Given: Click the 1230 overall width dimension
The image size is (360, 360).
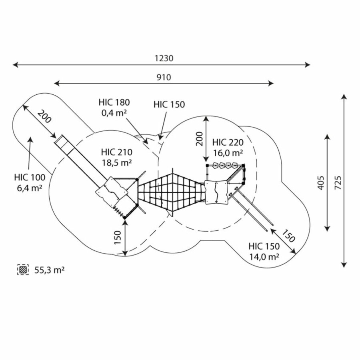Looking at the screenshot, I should click(x=164, y=58).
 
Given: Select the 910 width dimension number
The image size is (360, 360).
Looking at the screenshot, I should click(x=164, y=77).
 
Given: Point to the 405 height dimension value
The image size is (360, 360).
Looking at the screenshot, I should click(x=320, y=183).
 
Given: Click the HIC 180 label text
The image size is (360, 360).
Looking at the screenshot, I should click(x=114, y=102).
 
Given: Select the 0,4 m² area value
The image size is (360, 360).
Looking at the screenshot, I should click(x=114, y=113).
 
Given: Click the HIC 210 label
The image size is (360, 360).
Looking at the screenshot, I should click(x=117, y=152).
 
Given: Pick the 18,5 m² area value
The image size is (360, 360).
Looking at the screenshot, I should click(x=117, y=162).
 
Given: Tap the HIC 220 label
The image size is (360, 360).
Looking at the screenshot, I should click(x=228, y=142).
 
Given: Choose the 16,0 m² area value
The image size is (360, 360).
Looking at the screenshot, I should click(x=228, y=152).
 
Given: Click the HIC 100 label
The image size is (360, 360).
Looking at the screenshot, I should click(x=30, y=177).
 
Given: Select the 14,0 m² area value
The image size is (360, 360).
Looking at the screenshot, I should click(x=264, y=257).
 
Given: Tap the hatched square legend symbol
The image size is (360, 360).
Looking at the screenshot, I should click(x=23, y=270).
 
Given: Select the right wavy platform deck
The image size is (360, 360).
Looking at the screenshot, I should click(x=216, y=192).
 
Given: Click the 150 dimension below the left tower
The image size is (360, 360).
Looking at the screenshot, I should click(x=117, y=238).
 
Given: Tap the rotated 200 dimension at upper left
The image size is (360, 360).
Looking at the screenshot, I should click(x=45, y=116).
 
